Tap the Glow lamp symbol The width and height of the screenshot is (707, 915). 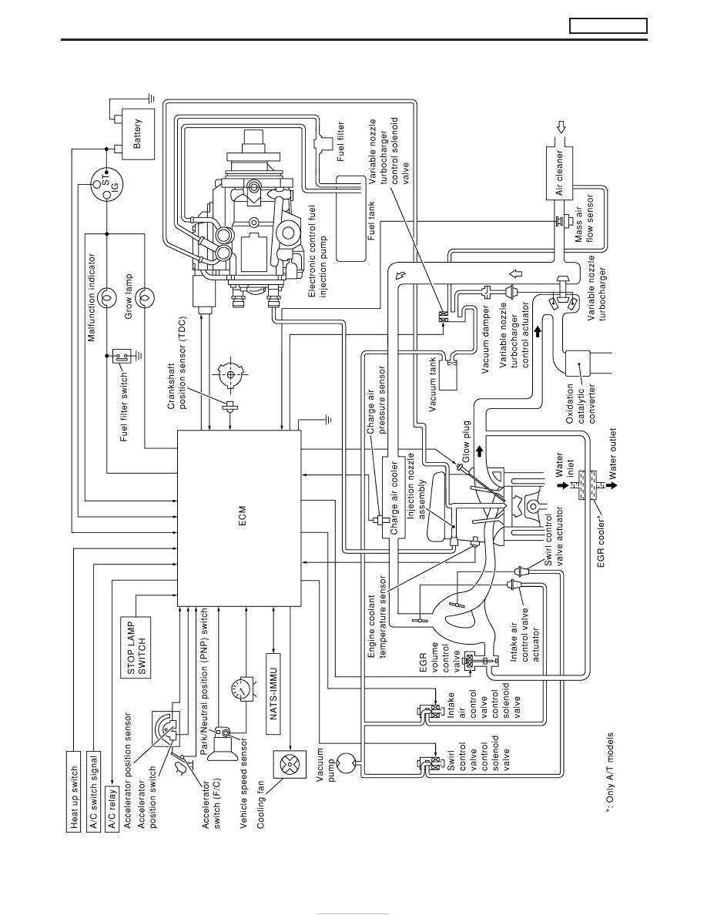[x=143, y=297]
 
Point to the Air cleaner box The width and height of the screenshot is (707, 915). [x=561, y=173]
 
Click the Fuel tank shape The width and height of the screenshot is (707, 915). [x=352, y=218]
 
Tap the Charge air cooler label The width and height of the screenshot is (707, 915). [x=394, y=499]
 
